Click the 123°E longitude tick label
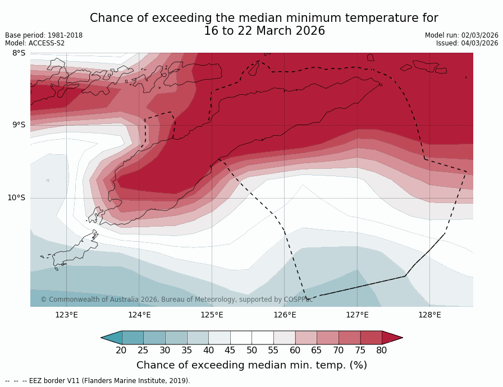(x=66, y=315)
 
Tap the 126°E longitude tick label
(x=285, y=315)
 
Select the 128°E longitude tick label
(x=429, y=315)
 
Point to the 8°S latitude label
(x=19, y=53)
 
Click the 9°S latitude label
(x=19, y=125)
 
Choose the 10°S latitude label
(x=16, y=197)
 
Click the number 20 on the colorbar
(x=121, y=351)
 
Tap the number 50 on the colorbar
(x=251, y=351)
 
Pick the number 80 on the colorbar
(x=382, y=351)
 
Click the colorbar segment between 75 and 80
(x=371, y=337)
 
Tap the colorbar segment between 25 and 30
(x=154, y=337)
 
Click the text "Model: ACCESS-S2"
(x=35, y=43)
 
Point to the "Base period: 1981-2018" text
(x=44, y=35)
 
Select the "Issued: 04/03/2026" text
(x=467, y=43)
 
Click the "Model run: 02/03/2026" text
(x=461, y=35)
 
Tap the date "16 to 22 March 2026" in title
(x=264, y=31)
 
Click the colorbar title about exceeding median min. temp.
(x=251, y=365)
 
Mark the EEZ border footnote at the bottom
(x=98, y=381)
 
